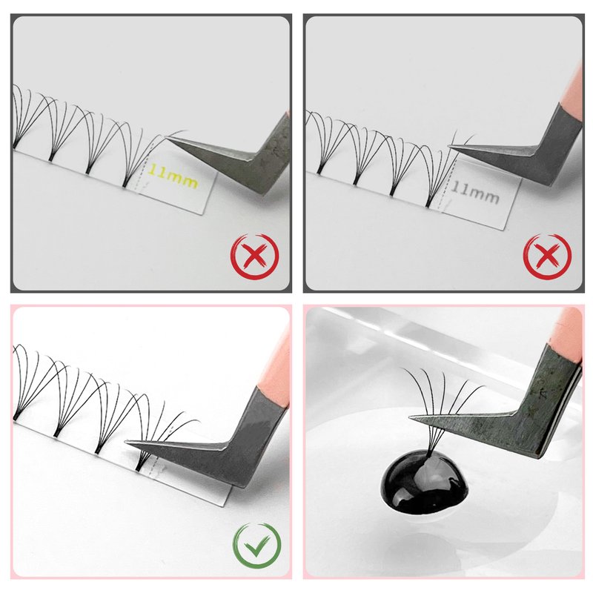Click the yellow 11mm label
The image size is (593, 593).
pyautogui.click(x=173, y=176)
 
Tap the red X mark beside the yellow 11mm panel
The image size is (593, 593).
pyautogui.click(x=254, y=256)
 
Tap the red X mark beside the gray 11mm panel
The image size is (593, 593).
pyautogui.click(x=547, y=256)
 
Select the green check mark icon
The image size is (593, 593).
pyautogui.click(x=256, y=546)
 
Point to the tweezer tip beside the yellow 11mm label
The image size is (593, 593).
pyautogui.click(x=167, y=138)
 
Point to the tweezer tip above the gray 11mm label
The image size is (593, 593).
pyautogui.click(x=449, y=146)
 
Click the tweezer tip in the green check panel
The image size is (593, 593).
pyautogui.click(x=126, y=442)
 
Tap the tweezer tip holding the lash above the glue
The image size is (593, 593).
pyautogui.click(x=411, y=417)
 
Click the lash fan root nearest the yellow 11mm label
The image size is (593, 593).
pyautogui.click(x=125, y=185)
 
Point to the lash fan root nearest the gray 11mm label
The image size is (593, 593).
pyautogui.click(x=428, y=205)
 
